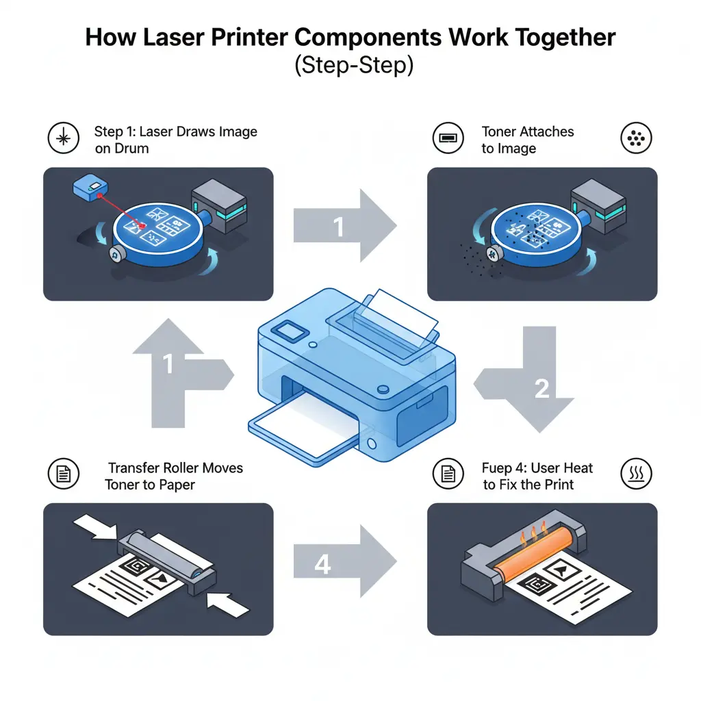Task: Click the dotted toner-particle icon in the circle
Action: (636, 139)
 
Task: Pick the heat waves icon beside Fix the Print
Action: (636, 473)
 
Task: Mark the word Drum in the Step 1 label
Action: (131, 149)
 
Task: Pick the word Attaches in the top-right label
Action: (547, 131)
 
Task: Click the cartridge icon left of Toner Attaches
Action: (447, 139)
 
